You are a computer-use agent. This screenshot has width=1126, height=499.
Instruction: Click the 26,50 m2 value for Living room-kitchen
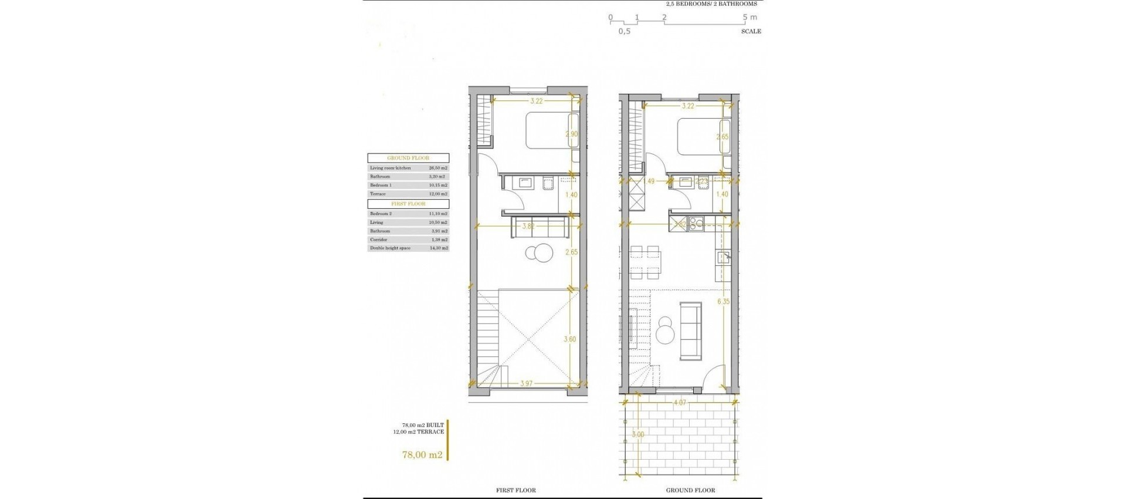point(437,168)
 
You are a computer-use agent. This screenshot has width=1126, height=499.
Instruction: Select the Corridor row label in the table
point(378,240)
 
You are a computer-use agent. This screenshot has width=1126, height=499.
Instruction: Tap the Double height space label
point(390,248)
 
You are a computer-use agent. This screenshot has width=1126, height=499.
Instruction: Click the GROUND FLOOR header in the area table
point(408,158)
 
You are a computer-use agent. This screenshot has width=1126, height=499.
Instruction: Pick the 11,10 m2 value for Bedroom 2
point(437,214)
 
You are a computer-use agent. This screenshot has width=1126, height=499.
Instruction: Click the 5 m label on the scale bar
point(749,18)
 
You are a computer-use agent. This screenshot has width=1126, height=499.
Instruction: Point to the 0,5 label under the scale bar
point(624,32)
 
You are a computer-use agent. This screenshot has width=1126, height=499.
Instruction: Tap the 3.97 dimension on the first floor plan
point(526,384)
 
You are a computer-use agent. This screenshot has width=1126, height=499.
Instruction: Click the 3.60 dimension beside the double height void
point(570,339)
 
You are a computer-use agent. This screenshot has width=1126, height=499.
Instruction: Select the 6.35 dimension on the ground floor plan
point(723,302)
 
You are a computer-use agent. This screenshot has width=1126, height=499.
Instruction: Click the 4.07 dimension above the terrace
point(679,403)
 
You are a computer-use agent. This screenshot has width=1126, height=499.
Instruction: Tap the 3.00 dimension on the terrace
point(638,435)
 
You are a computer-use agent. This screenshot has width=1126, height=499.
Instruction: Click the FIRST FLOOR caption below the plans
point(516,490)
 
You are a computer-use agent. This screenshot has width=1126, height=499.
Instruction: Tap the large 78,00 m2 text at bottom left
point(422,454)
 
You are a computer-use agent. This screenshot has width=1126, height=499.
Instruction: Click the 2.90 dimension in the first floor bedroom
point(571,134)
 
